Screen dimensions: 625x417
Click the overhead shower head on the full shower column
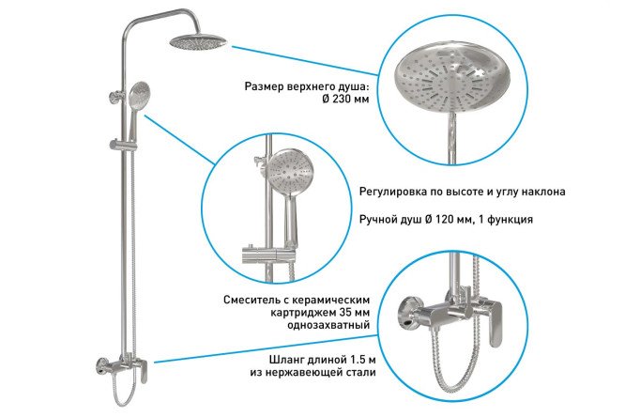(198, 40)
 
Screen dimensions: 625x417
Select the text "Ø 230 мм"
(345, 99)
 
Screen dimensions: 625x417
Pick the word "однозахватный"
(328, 325)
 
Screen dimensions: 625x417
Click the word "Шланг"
(286, 360)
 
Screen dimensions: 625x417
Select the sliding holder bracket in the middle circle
(269, 255)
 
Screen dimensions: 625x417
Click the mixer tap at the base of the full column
(122, 369)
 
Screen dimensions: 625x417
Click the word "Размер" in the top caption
(265, 86)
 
